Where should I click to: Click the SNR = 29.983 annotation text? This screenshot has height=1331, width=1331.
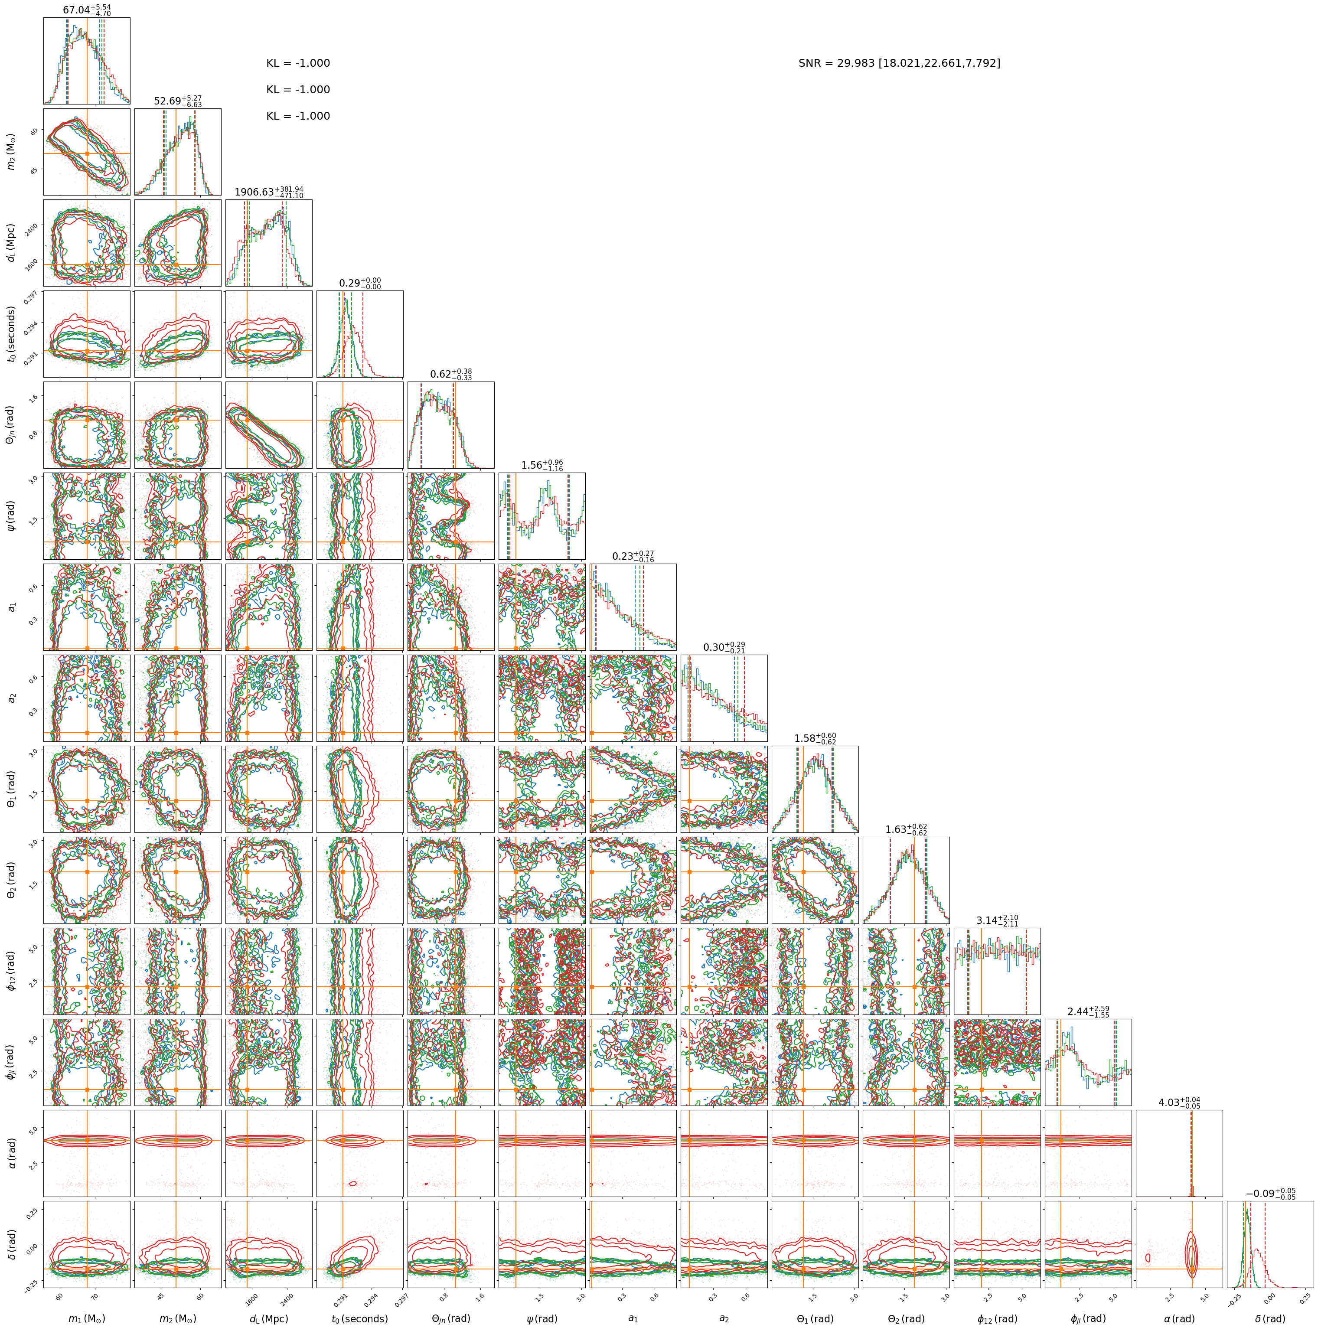[899, 63]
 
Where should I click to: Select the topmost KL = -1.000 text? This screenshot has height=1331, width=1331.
[298, 63]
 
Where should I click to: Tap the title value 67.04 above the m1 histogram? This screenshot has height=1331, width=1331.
[87, 10]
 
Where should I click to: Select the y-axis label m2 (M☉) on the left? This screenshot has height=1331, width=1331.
[12, 152]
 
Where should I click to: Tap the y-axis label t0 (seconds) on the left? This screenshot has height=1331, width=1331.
[12, 334]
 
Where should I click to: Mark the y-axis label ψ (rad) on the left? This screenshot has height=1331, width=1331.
[12, 516]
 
